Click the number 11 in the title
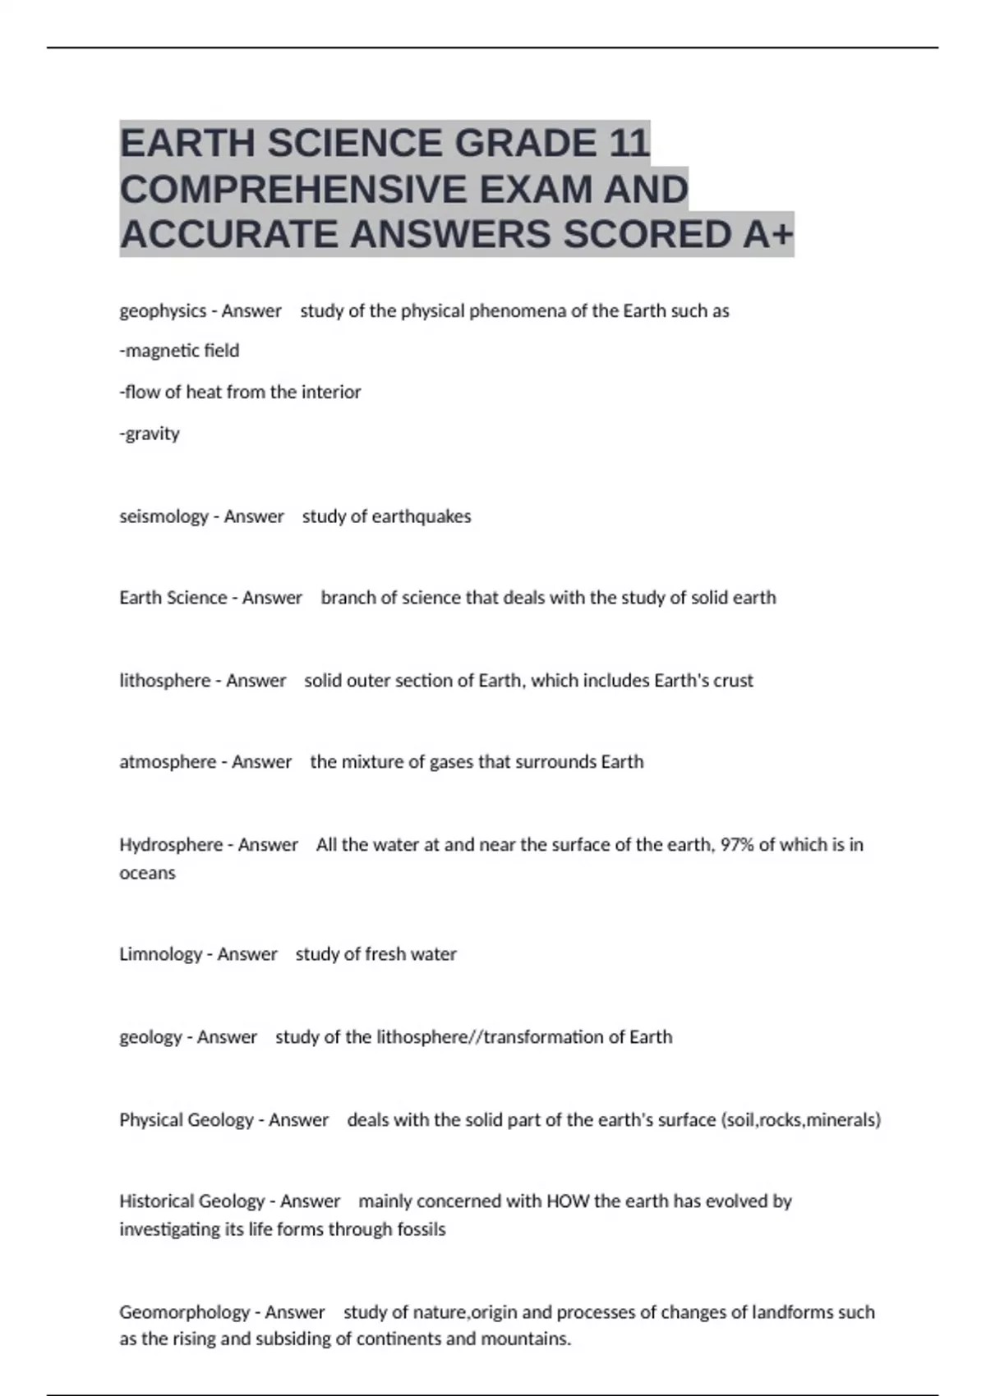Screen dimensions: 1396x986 [629, 143]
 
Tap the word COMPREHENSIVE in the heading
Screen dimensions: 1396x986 [293, 189]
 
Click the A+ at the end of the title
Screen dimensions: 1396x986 [768, 235]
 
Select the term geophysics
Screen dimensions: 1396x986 [163, 311]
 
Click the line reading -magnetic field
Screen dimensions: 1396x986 [179, 351]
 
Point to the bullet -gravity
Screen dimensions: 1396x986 [150, 434]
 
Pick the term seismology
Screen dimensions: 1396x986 [164, 517]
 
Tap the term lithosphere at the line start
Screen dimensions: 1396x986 [165, 681]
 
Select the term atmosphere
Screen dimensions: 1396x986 [168, 762]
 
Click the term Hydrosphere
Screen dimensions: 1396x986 [171, 845]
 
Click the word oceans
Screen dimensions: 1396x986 [147, 873]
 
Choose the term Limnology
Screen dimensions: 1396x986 [160, 954]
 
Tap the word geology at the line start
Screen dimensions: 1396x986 [150, 1037]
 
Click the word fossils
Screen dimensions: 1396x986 [420, 1229]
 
